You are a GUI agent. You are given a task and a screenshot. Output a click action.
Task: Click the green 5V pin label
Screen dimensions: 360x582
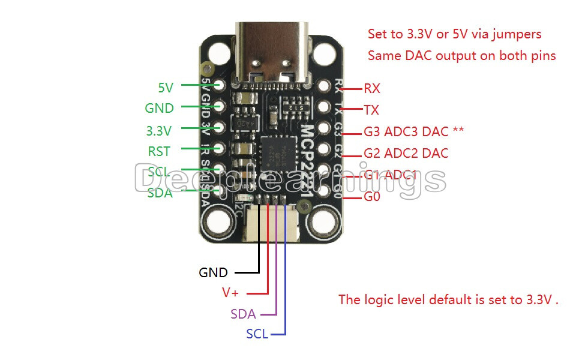click(x=166, y=88)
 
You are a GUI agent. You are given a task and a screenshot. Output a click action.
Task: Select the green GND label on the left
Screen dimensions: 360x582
click(x=159, y=109)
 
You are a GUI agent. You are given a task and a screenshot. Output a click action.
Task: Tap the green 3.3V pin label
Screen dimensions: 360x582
click(x=159, y=130)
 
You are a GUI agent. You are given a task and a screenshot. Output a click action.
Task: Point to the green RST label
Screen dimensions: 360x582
click(x=159, y=151)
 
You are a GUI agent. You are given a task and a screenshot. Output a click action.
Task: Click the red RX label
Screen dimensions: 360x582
click(x=372, y=89)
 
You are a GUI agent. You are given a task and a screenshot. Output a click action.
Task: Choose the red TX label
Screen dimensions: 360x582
click(x=371, y=110)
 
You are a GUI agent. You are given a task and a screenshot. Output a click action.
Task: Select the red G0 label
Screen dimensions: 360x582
click(x=372, y=196)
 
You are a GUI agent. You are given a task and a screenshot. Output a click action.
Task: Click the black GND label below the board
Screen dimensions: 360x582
click(x=213, y=273)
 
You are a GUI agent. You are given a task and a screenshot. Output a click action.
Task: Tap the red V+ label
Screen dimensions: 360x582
click(x=230, y=293)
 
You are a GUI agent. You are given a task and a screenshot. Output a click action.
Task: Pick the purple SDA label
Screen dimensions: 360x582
click(x=243, y=314)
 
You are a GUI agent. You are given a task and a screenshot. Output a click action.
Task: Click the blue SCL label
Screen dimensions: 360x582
click(x=257, y=334)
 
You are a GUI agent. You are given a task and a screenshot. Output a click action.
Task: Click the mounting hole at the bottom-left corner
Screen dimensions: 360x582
click(x=219, y=224)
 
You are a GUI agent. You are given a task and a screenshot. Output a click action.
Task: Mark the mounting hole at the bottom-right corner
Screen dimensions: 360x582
click(x=322, y=224)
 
